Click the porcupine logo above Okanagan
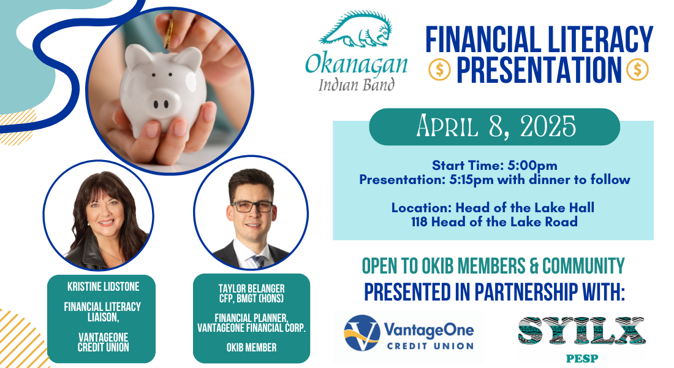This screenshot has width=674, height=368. click(356, 29)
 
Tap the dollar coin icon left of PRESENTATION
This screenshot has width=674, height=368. click(439, 70)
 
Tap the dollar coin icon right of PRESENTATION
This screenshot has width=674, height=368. click(637, 70)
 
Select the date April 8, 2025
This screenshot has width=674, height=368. click(496, 126)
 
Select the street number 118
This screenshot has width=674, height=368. click(419, 222)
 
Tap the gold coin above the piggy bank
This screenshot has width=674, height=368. click(168, 33)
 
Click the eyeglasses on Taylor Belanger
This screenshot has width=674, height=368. click(252, 207)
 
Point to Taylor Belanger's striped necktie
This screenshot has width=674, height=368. click(259, 261)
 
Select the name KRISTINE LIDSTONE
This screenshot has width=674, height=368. click(103, 286)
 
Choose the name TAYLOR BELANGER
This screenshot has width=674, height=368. click(251, 288)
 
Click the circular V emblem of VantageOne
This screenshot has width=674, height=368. click(362, 332)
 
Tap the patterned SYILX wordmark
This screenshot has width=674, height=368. click(581, 331)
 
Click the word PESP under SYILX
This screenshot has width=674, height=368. click(581, 358)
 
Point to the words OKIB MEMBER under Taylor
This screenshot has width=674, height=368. click(251, 347)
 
